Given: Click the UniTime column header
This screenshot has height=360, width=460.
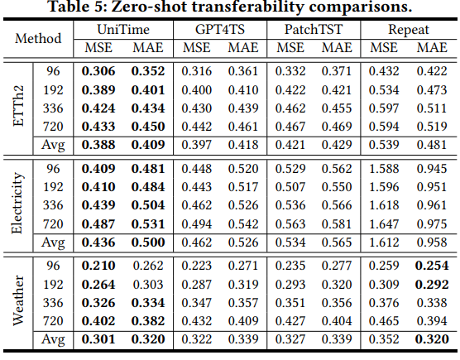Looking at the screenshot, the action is pos(123,30).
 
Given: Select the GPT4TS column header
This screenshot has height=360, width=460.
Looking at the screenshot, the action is pos(220,30).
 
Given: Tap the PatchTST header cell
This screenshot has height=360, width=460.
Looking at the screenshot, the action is pos(314,30).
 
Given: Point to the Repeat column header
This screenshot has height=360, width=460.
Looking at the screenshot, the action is pos(409,30).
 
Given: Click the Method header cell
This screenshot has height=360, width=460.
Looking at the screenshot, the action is pos(38,38).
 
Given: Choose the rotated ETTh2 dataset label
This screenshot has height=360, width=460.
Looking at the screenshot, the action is pos(18,107).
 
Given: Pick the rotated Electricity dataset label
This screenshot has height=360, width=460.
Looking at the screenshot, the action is pos(17,203).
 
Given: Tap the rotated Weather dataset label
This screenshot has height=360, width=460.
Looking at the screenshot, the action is pos(18,300).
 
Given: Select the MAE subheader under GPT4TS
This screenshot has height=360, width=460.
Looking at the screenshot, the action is pos(243,48).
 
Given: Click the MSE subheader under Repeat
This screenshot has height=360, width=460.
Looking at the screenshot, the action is pos(384,48).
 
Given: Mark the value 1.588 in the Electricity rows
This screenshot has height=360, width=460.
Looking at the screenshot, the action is pos(384,169).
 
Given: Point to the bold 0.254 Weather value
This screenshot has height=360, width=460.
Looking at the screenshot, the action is pos(432,266).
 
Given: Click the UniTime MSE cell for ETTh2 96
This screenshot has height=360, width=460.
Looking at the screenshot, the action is pos(98,71).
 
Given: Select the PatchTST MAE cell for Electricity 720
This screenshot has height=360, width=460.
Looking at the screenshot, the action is pos(337,224).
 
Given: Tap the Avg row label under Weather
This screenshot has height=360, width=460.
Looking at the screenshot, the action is pos(53,340).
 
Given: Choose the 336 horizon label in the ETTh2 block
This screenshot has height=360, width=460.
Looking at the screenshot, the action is pos(53,108).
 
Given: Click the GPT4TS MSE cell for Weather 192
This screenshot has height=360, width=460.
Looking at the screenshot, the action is pos(196,285).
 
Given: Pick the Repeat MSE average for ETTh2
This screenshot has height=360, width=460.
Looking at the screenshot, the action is pos(384,145).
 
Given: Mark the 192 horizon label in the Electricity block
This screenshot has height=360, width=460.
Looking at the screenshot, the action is pos(53,187).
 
